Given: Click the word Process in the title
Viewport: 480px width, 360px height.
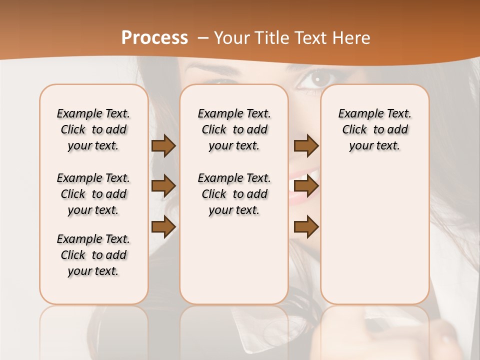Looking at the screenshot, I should [154, 38].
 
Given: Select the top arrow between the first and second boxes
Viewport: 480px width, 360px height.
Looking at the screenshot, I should [163, 146].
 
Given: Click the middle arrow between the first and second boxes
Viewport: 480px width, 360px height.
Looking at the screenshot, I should [163, 186].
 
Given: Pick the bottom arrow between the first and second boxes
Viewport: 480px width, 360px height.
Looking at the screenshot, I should [163, 226].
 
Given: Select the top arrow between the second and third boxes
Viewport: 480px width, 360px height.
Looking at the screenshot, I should [306, 146].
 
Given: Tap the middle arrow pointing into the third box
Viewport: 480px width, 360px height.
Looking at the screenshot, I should [306, 186].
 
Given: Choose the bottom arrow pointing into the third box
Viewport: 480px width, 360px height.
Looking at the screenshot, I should [306, 226].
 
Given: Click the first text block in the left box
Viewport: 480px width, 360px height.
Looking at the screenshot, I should [93, 129].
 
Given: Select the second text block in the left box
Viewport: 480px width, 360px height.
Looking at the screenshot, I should [93, 194].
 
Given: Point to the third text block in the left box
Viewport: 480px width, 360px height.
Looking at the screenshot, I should [93, 255].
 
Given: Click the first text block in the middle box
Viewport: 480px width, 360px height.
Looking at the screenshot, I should [234, 129].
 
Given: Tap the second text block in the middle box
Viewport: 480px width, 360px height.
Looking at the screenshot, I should [234, 194].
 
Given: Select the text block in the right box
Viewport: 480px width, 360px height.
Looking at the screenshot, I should [374, 129].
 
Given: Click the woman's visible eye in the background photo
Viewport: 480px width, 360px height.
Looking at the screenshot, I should [317, 78].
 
